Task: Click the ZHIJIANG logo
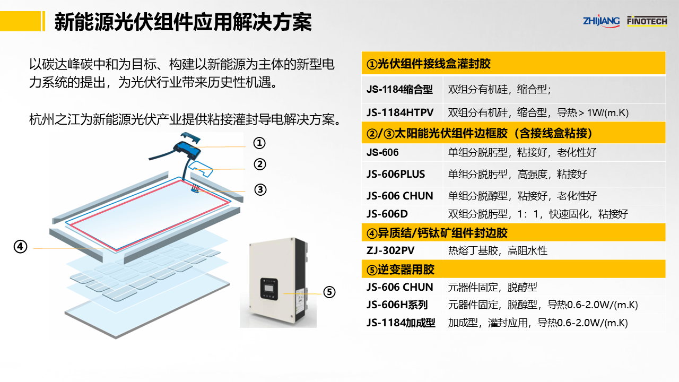tap(601, 21)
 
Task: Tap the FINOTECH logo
tap(647, 21)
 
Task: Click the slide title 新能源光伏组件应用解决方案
tap(183, 22)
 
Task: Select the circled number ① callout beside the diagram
tap(259, 143)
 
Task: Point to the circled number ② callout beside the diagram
tap(259, 164)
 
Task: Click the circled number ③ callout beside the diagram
tap(260, 189)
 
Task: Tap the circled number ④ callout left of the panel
tap(20, 247)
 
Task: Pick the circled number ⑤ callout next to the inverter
tap(329, 292)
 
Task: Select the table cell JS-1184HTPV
tap(400, 112)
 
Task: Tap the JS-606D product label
tap(387, 214)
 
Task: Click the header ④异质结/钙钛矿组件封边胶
tap(437, 232)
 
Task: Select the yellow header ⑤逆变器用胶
tap(401, 270)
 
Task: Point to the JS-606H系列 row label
tap(397, 305)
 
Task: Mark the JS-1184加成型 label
tap(401, 323)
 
